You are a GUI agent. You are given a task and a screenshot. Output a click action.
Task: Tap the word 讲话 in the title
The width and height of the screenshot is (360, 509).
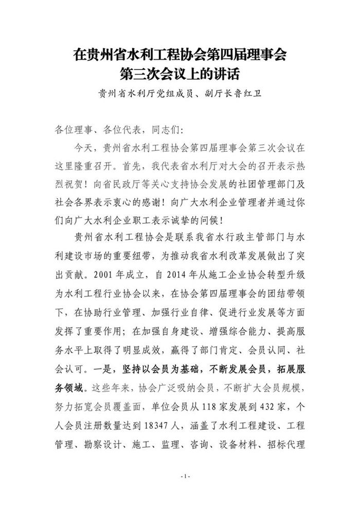pos(226,74)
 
